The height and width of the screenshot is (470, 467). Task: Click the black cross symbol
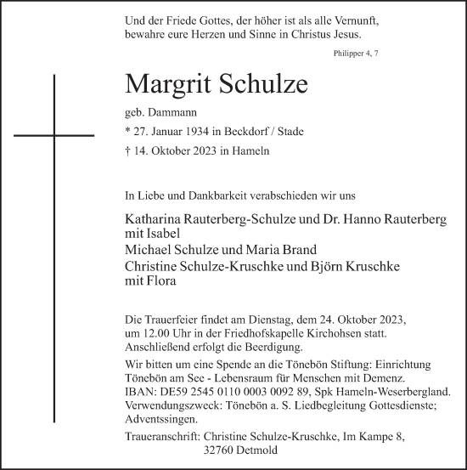click(53, 133)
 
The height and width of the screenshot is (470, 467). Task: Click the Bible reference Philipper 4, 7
click(356, 54)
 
